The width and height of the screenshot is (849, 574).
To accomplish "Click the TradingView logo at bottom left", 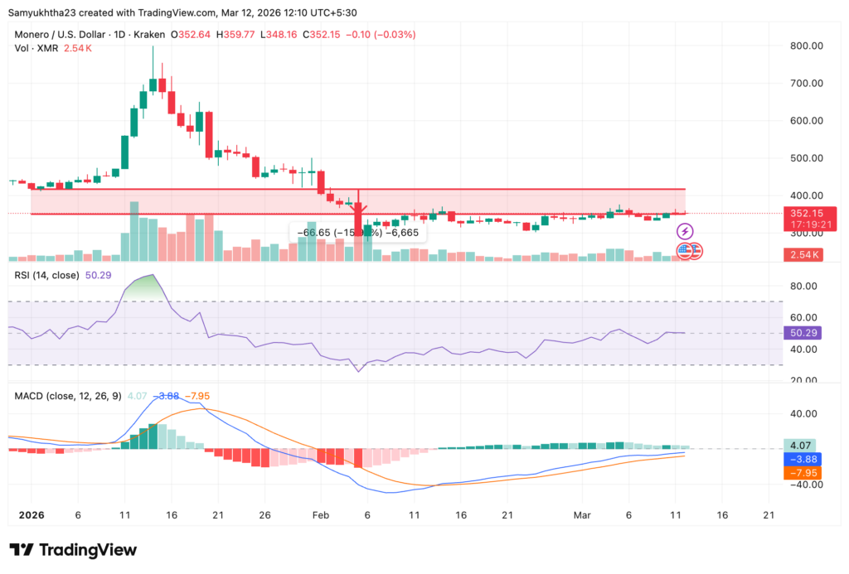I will (73, 550).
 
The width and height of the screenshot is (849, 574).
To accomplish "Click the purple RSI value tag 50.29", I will (803, 333).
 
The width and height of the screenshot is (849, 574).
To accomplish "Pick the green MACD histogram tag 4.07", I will (803, 445).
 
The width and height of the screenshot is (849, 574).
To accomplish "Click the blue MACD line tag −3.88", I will (803, 458).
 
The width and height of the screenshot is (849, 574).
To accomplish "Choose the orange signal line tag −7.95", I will (803, 473).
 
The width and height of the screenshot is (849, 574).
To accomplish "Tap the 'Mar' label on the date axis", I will (581, 514).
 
